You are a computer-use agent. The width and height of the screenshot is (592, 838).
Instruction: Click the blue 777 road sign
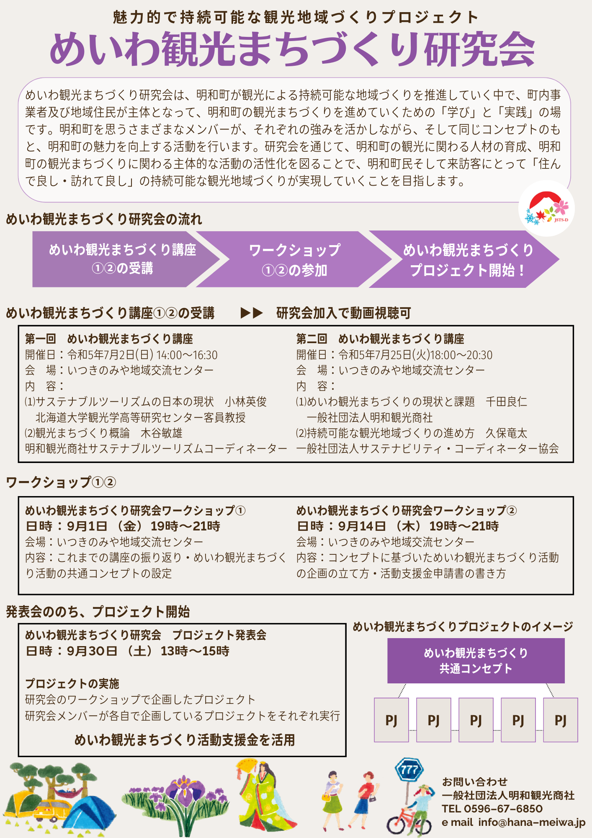click(x=409, y=770)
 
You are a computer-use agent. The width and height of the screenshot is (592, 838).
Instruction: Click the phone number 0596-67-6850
click(x=503, y=809)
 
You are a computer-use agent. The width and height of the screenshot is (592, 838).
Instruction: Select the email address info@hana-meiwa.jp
click(x=532, y=822)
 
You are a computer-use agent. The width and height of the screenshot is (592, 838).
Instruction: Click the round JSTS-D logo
click(x=547, y=208)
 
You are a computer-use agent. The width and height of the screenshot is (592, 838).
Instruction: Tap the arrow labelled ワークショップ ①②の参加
click(x=294, y=260)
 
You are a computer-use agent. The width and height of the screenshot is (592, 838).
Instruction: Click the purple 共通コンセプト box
click(x=476, y=661)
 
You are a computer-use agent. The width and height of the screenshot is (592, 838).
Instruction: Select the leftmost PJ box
click(x=391, y=720)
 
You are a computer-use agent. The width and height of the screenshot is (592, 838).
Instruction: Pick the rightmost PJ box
click(x=560, y=720)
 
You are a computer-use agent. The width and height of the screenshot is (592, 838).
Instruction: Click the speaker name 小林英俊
click(x=245, y=402)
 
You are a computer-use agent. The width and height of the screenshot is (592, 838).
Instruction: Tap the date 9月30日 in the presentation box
click(x=92, y=651)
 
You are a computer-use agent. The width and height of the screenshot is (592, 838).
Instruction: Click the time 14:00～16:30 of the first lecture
click(x=187, y=355)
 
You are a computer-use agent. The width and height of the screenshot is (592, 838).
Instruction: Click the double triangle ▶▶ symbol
click(x=252, y=313)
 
